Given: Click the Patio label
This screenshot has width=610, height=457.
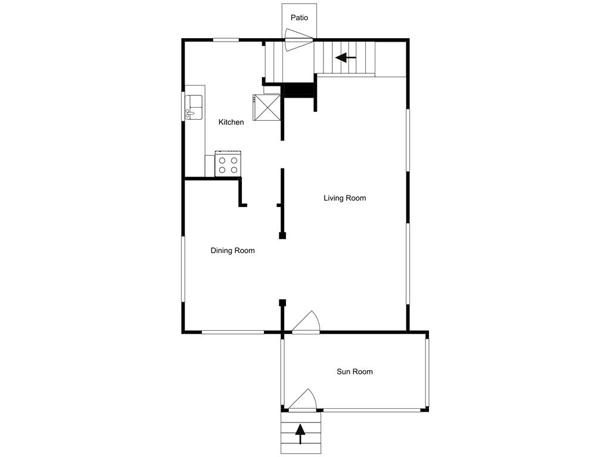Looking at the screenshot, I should (x=299, y=18).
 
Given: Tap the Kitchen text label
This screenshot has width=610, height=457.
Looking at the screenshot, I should (x=231, y=122).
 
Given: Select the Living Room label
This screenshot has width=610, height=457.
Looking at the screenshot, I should (x=344, y=198).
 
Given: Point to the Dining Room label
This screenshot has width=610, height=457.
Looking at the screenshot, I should (x=232, y=251).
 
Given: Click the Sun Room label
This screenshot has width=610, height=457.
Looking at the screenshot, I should (x=354, y=372).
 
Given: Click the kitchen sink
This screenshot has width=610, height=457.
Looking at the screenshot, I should (x=194, y=107).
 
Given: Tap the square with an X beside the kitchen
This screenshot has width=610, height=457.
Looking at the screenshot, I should (x=266, y=108).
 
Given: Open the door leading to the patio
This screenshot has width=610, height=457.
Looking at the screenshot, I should (x=298, y=40).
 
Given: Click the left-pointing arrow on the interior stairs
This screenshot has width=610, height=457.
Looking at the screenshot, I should (x=346, y=58).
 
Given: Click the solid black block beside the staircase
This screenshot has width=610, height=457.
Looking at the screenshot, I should (x=298, y=89).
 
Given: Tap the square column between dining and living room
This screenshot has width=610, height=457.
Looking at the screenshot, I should (x=282, y=236).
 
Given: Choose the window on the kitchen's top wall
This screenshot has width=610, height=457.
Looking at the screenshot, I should (x=226, y=40).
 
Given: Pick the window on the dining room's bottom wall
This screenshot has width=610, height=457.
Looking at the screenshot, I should (x=232, y=332).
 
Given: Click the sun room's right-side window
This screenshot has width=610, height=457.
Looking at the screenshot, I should (x=427, y=372).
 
